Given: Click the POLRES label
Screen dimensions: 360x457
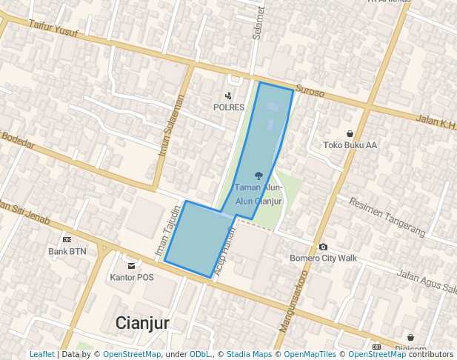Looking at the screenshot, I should click(229, 107).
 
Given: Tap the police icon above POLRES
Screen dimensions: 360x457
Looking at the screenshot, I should click(228, 96).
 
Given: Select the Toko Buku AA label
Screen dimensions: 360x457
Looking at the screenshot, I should click(350, 145).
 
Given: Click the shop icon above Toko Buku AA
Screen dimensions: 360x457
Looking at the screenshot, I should click(350, 133).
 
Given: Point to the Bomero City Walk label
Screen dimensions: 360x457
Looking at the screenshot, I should click(323, 258).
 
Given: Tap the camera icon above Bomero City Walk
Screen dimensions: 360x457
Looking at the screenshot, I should click(323, 247).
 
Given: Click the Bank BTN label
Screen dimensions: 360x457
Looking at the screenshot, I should click(67, 252).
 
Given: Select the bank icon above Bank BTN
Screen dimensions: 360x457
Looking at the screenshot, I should click(67, 240).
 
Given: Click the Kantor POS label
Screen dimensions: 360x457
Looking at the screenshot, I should click(131, 278).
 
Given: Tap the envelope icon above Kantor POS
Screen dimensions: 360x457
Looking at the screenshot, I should click(131, 266).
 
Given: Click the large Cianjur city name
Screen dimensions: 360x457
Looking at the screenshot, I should click(143, 323).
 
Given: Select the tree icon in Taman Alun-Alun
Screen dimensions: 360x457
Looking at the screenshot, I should click(258, 176).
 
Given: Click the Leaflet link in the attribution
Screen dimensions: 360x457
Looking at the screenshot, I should click(41, 355).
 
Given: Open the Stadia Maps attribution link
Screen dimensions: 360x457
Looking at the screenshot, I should click(249, 355).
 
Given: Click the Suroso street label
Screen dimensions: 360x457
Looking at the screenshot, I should click(310, 93).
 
